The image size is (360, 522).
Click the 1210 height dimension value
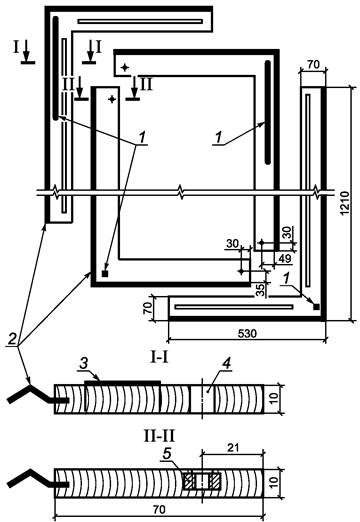coord(345,203)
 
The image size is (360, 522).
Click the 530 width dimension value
coord(247,333)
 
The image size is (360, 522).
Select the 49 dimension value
coord(284,258)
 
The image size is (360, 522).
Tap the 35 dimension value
coord(262,289)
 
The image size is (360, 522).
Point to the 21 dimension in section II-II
coord(233,447)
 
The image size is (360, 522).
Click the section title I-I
coord(159,358)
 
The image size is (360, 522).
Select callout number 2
coord(12,340)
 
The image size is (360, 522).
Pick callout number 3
coord(84,364)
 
